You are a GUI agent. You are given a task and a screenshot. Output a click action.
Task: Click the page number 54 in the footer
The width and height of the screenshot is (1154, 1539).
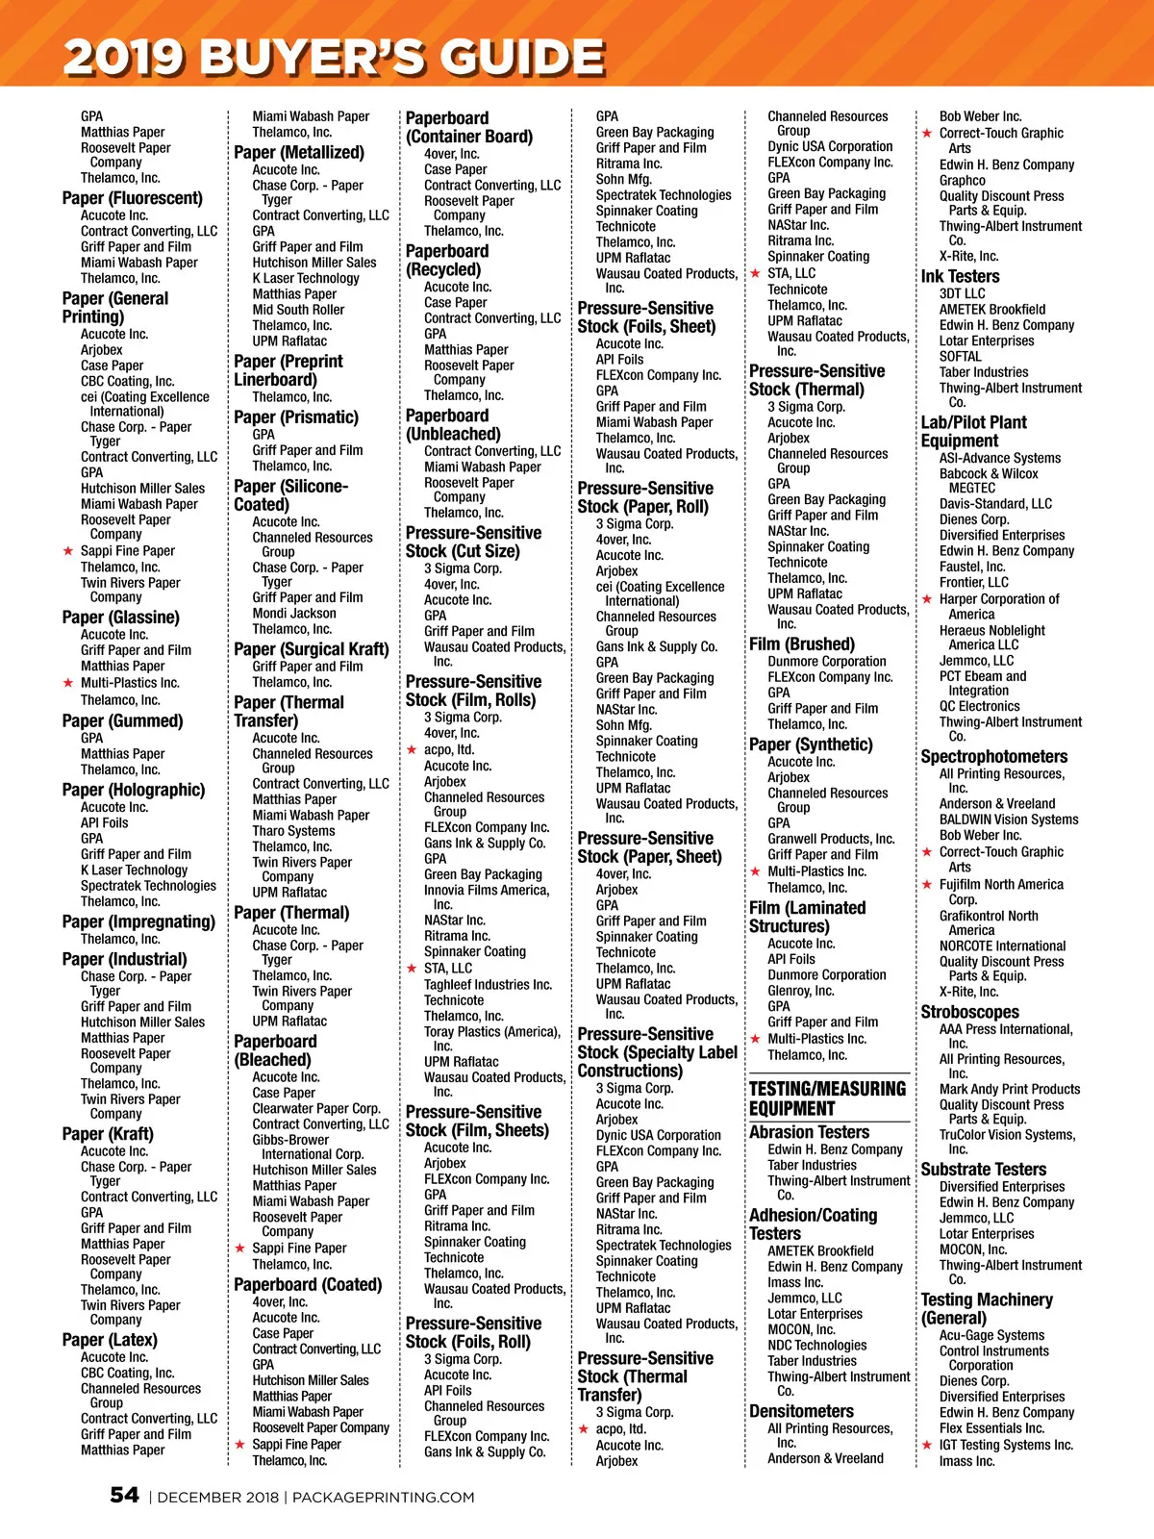(124, 1495)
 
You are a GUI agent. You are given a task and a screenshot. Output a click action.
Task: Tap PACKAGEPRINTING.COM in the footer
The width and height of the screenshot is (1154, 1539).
(383, 1497)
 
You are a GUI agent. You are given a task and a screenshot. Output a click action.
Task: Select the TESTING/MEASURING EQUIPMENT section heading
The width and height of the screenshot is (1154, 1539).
(827, 1097)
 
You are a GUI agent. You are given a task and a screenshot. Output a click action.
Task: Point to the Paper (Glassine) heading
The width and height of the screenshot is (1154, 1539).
(120, 618)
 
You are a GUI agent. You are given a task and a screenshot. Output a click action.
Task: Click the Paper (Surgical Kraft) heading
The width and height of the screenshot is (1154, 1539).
(311, 649)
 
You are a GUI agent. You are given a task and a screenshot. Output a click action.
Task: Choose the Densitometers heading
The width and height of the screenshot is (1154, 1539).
(801, 1411)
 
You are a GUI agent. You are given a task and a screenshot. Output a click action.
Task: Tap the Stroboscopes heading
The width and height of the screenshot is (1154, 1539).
(969, 1012)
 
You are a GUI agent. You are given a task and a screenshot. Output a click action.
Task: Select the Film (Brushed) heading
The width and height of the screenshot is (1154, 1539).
(801, 644)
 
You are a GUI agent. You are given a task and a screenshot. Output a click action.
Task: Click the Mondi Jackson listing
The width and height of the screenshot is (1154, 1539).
(294, 613)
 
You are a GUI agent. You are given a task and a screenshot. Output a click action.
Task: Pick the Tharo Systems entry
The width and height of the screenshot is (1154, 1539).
(293, 830)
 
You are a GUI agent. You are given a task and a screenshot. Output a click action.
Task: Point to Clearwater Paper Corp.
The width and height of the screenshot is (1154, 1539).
(315, 1108)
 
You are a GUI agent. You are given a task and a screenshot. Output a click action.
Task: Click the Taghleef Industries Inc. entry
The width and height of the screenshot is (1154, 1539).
(488, 984)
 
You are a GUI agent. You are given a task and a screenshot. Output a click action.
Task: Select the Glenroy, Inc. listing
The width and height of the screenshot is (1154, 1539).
(801, 991)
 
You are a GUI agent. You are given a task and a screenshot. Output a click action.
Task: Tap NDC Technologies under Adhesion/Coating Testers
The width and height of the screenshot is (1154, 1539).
(816, 1345)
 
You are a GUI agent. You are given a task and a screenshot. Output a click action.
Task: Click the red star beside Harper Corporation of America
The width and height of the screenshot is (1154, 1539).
(927, 599)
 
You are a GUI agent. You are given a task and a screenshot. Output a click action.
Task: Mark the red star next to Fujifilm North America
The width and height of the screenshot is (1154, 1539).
(927, 885)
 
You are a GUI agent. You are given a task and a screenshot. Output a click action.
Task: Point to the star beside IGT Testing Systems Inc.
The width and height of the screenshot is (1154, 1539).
(927, 1445)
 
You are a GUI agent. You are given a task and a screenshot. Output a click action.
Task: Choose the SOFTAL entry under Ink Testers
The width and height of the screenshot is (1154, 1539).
(960, 356)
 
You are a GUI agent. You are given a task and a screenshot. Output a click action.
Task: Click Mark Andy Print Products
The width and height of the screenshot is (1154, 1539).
(1009, 1089)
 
